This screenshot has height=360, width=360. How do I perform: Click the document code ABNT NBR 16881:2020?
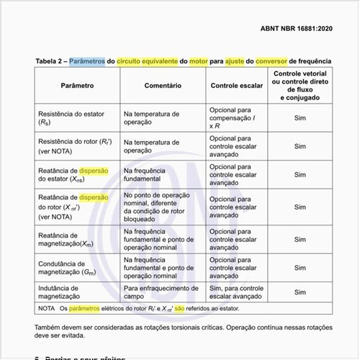(305, 29)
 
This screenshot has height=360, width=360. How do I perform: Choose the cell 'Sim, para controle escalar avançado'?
(237, 292)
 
